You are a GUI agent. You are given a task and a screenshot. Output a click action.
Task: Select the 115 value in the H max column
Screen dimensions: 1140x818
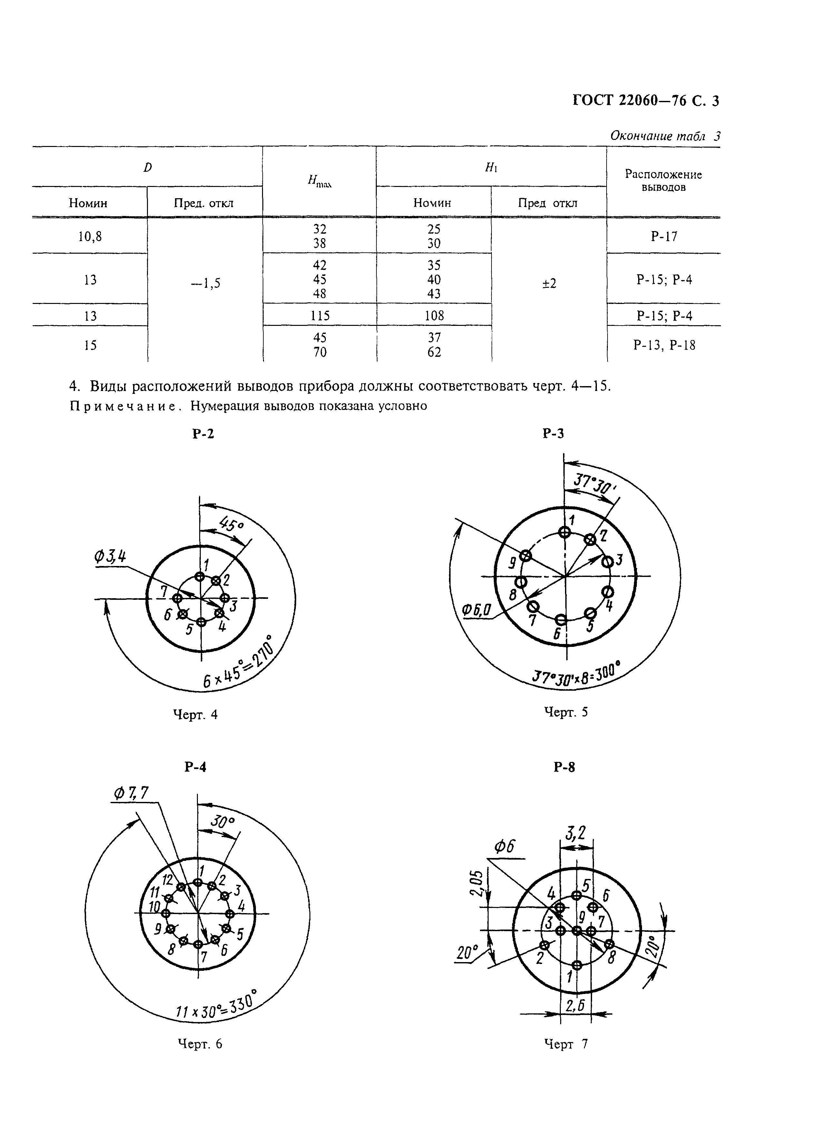coord(319,316)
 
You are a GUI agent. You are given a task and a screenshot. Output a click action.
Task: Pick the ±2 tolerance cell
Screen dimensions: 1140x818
coord(549,284)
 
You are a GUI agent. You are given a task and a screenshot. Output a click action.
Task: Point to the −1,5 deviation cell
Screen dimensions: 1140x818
coord(205,284)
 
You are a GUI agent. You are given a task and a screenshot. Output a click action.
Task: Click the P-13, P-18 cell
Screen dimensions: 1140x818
coord(664,345)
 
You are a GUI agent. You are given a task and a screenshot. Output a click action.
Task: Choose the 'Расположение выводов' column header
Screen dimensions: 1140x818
coord(663,181)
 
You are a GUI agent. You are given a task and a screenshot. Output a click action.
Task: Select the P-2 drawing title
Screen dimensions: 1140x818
coord(203,434)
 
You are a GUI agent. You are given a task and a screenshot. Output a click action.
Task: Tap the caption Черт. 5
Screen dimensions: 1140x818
coord(566,711)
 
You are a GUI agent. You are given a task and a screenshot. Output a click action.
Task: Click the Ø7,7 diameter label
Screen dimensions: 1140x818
coord(132,793)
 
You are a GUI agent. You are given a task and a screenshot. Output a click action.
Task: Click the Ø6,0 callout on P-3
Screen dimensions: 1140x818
coord(477,611)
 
